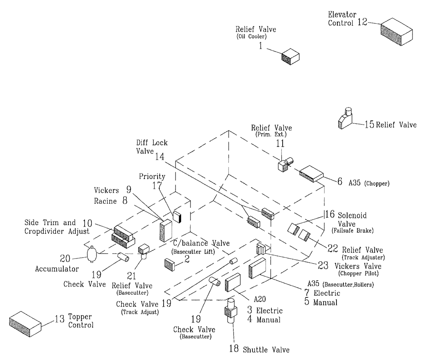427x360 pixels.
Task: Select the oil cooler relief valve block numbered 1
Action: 290,56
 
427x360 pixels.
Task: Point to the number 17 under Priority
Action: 158,186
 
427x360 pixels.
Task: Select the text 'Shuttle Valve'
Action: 266,350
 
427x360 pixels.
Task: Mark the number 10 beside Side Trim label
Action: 87,222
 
